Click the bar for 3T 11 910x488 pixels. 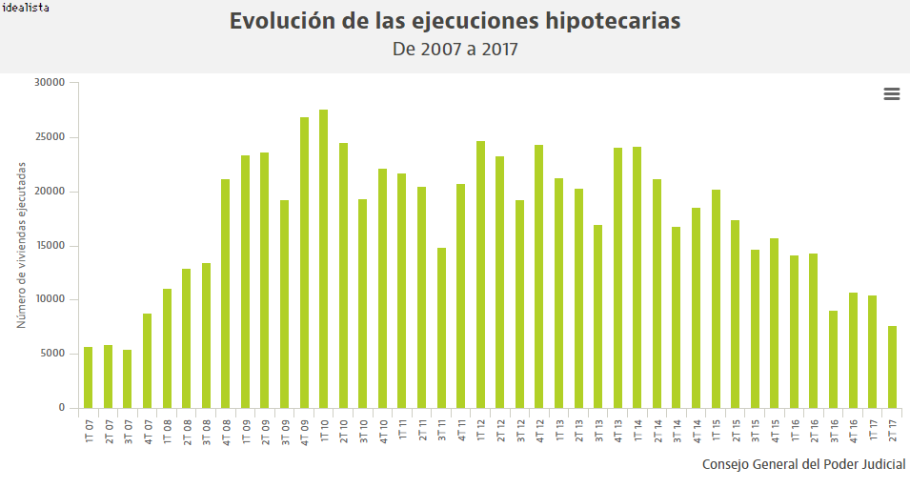point(441,328)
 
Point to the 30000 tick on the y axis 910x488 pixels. point(49,83)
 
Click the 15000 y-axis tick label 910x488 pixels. point(49,246)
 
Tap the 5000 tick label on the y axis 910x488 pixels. point(51,355)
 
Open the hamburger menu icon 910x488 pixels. point(892,93)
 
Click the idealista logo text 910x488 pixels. point(27,8)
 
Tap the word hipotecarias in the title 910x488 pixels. point(605,21)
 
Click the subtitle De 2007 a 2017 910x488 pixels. point(455,49)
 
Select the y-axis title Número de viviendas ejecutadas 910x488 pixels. point(21,245)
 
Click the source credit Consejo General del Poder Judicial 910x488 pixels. point(803,464)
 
